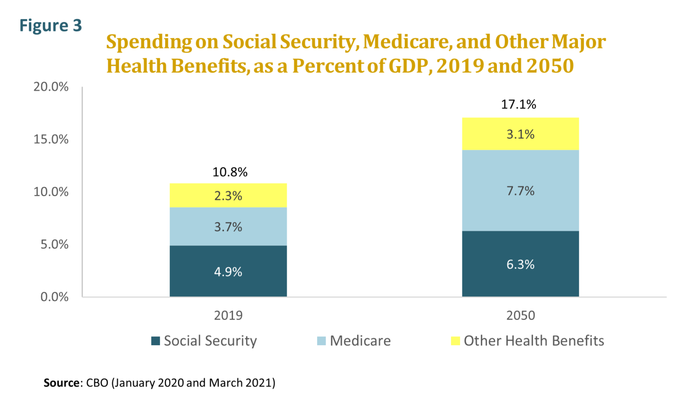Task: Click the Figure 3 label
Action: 50,25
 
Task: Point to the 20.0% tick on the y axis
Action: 51,86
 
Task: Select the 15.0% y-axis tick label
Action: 51,139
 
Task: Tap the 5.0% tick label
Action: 54,244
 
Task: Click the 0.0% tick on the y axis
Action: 54,297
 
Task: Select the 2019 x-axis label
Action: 228,315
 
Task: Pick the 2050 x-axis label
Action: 520,315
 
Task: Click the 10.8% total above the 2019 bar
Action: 230,172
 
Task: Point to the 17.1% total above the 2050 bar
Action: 518,104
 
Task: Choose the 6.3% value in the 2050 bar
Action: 520,265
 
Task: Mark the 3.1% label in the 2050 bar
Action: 520,134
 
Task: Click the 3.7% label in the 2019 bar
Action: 228,227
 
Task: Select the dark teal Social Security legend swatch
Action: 155,341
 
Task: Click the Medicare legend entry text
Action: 360,341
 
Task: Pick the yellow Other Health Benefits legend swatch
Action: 455,341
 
